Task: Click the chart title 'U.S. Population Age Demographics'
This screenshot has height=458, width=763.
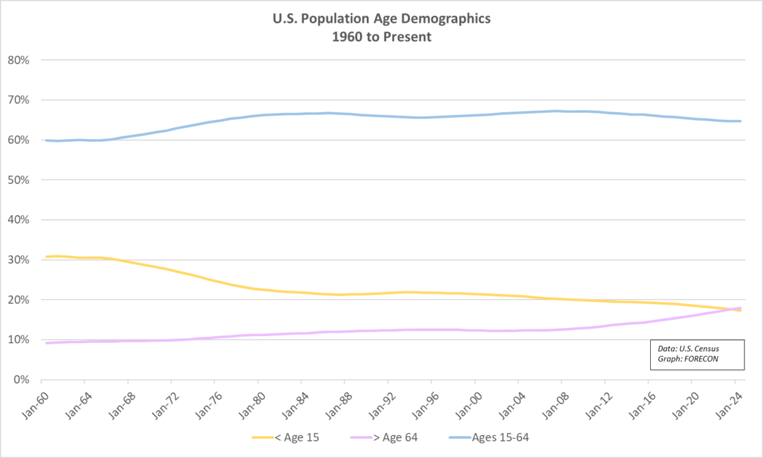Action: point(381,19)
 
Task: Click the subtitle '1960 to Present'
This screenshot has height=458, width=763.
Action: point(381,37)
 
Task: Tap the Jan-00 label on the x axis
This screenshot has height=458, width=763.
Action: point(464,400)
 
